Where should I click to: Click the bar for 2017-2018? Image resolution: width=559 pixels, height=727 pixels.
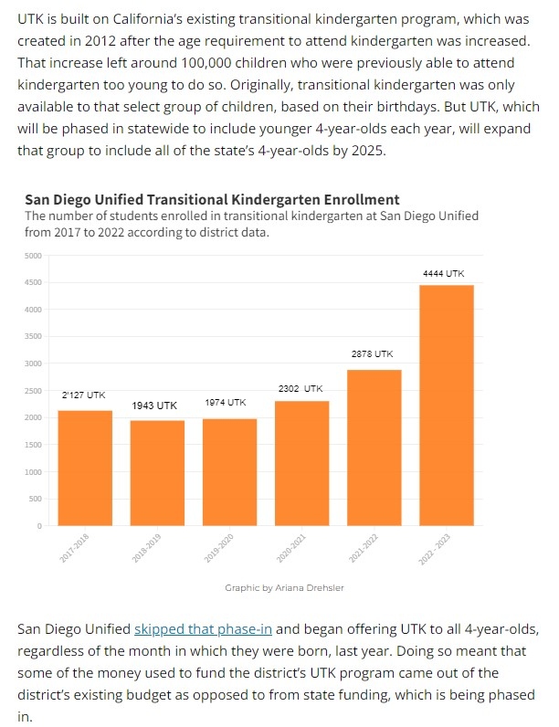(x=85, y=468)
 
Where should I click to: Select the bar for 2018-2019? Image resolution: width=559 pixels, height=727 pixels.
(x=158, y=472)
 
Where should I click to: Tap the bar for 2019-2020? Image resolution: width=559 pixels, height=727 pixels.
(x=230, y=471)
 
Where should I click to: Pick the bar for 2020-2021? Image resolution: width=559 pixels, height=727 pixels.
(x=302, y=462)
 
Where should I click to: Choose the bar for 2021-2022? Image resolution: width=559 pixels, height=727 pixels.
(x=374, y=447)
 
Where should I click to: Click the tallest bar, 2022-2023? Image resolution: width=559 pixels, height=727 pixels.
(x=447, y=405)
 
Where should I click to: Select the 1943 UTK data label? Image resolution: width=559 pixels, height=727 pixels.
(x=155, y=405)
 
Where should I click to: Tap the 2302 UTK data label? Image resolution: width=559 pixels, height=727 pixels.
(x=301, y=388)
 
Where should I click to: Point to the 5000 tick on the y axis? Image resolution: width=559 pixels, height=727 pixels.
(x=33, y=255)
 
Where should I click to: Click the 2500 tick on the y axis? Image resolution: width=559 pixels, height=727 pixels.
(x=33, y=391)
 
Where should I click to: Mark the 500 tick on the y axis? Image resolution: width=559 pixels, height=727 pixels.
(x=36, y=499)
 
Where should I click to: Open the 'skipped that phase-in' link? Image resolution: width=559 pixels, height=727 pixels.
(x=205, y=629)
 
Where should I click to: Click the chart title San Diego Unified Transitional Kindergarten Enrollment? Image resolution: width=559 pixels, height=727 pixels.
(x=212, y=199)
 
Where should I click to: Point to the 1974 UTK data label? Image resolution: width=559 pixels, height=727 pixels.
(x=225, y=402)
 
